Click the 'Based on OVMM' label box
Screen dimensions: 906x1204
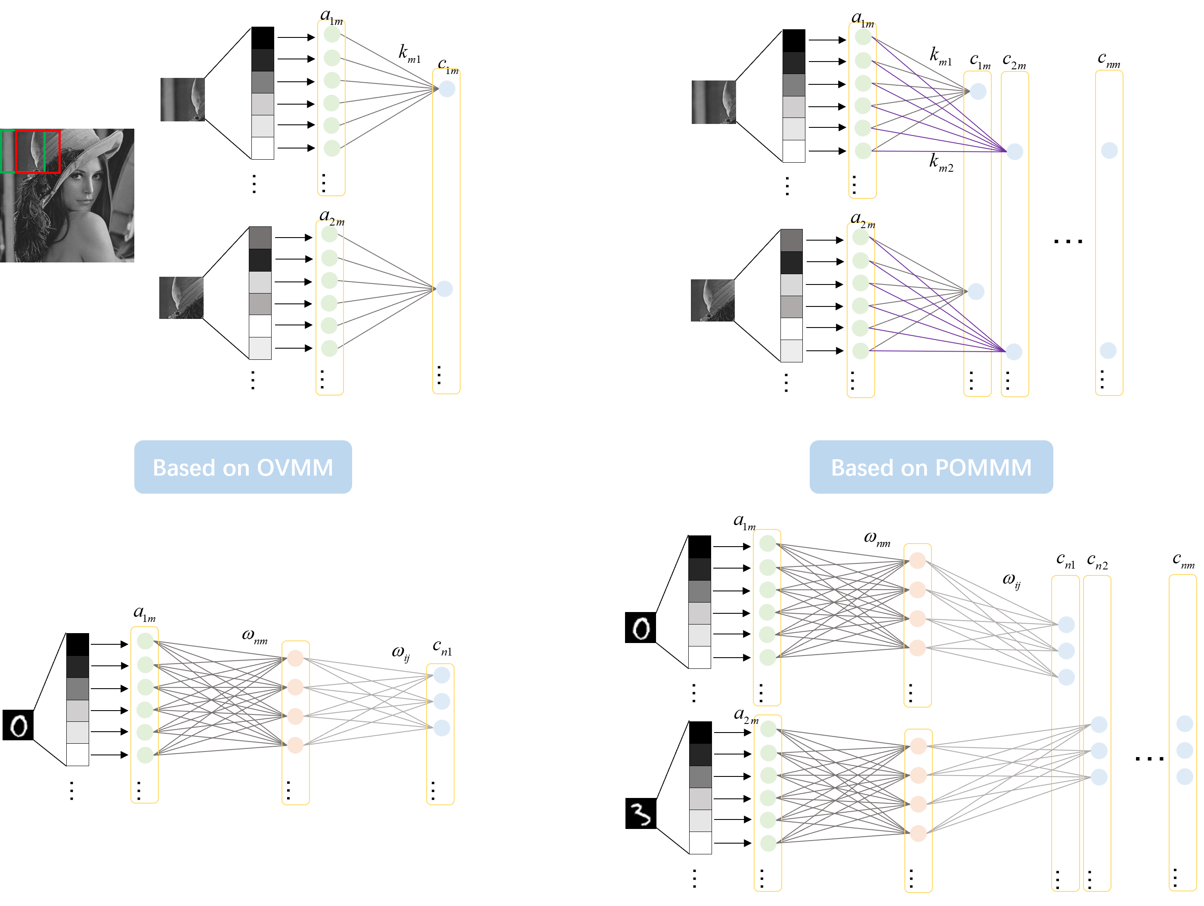pos(243,467)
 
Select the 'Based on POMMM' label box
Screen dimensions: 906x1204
pos(931,467)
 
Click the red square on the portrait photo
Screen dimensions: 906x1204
pos(37,151)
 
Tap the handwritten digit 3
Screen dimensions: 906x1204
pos(641,815)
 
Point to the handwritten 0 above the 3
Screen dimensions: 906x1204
pos(641,628)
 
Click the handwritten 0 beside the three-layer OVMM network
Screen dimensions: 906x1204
pos(19,726)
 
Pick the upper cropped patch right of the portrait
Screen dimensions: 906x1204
pos(183,99)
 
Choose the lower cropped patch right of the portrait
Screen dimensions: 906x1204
pos(181,298)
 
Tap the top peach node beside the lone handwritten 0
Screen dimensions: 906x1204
pos(295,659)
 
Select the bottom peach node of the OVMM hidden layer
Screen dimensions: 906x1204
pos(295,745)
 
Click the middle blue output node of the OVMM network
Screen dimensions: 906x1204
pos(441,702)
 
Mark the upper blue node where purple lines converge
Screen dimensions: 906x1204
pos(1015,152)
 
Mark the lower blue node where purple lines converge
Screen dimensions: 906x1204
pos(1013,352)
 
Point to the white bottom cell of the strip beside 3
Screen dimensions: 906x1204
pos(700,842)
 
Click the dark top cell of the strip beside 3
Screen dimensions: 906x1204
pos(700,755)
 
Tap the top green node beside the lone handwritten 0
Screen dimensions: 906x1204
pos(145,641)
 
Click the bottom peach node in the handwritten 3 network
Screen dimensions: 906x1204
pos(918,833)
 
